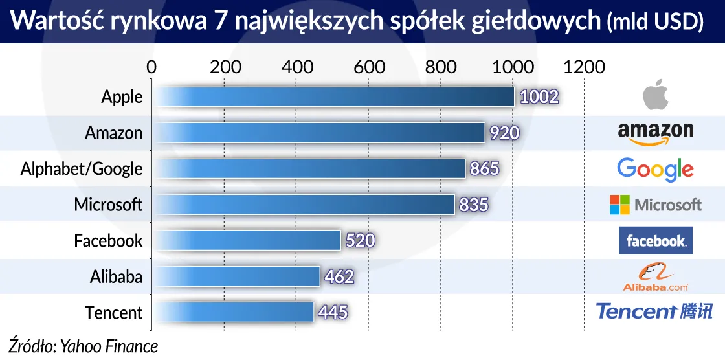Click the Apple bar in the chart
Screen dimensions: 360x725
pyautogui.click(x=333, y=97)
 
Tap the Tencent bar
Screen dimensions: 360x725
pyautogui.click(x=233, y=313)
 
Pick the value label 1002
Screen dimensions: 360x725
pyautogui.click(x=539, y=97)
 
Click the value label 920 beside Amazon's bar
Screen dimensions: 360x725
pyautogui.click(x=504, y=133)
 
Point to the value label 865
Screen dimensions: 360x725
pyautogui.click(x=485, y=169)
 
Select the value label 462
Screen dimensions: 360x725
pyautogui.click(x=339, y=277)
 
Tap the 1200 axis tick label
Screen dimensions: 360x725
pyautogui.click(x=584, y=67)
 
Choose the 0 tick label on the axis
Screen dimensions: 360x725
pyautogui.click(x=151, y=67)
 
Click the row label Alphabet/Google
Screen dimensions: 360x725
pyautogui.click(x=82, y=169)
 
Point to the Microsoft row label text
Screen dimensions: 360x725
pyautogui.click(x=108, y=205)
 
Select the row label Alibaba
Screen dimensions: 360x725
pyautogui.click(x=116, y=277)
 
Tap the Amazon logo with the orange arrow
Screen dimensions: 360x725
pyautogui.click(x=655, y=133)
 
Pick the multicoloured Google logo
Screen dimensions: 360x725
pyautogui.click(x=655, y=170)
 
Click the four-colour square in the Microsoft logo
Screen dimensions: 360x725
pyautogui.click(x=619, y=205)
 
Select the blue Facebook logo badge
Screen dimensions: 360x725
pyautogui.click(x=655, y=241)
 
